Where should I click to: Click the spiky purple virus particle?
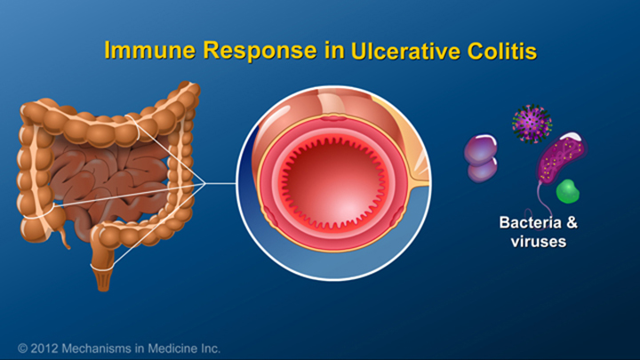[x=532, y=123]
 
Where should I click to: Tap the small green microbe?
[x=566, y=191]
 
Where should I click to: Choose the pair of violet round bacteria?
[x=481, y=157]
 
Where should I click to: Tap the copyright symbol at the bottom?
[x=21, y=348]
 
